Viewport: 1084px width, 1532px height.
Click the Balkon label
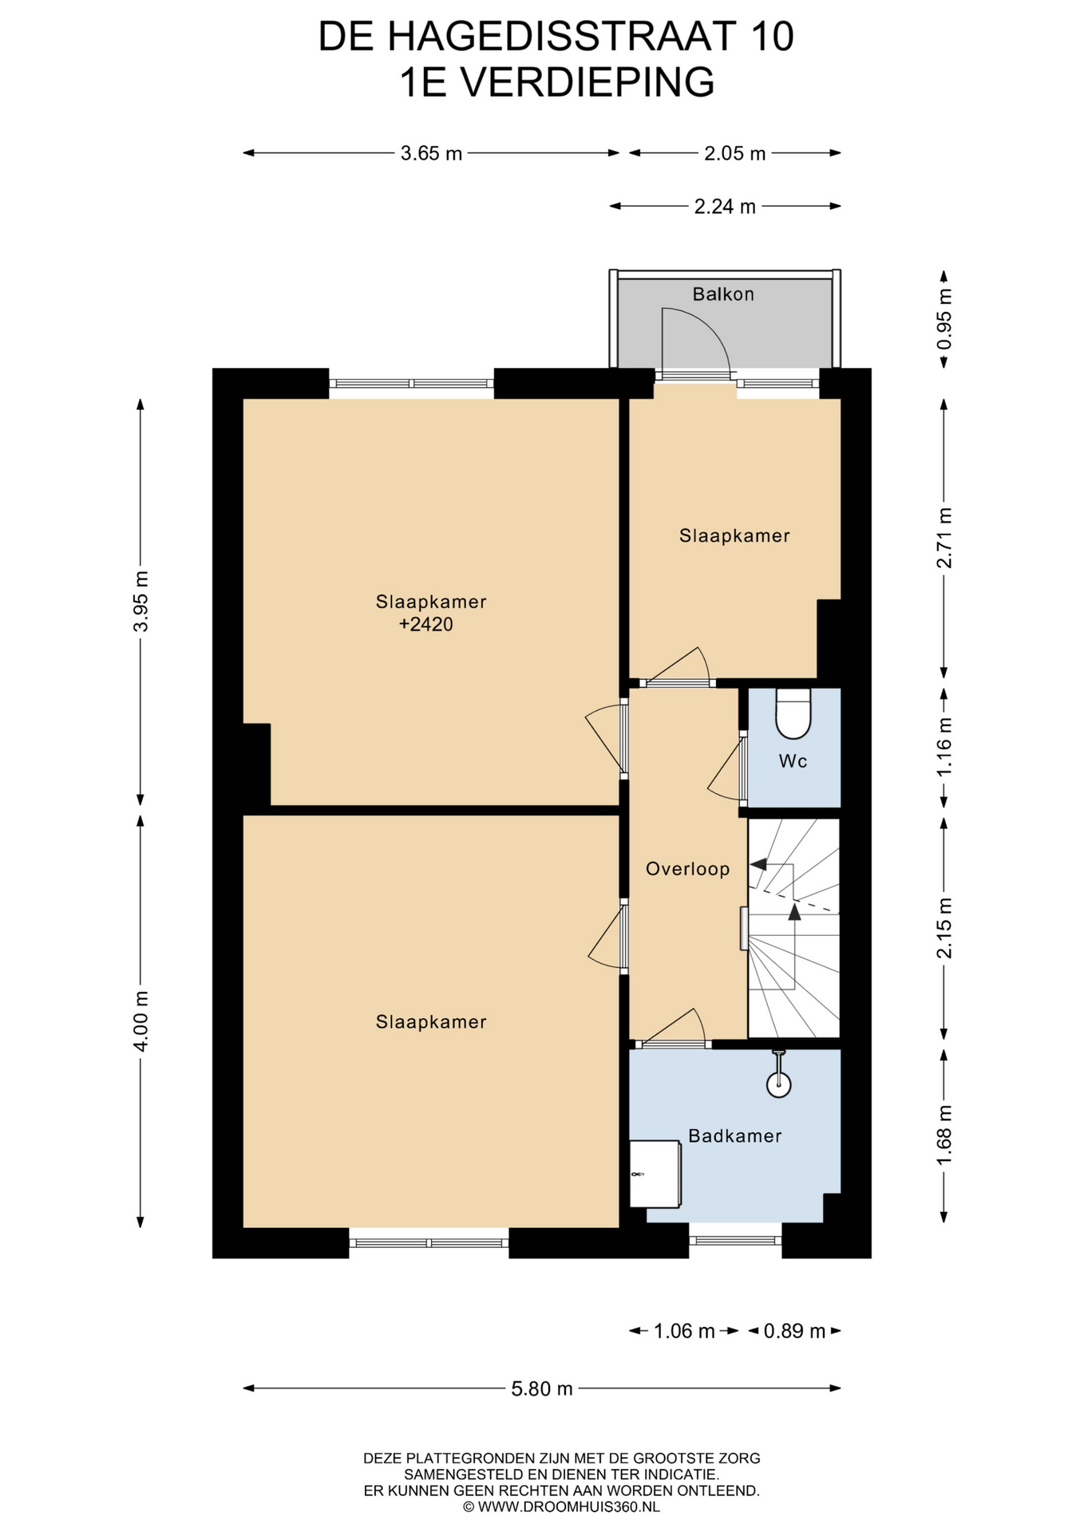click(722, 294)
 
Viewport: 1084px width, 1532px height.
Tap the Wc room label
click(793, 761)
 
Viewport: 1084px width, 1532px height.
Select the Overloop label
click(687, 869)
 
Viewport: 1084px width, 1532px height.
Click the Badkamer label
click(734, 1135)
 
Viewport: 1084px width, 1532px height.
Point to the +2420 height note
click(426, 624)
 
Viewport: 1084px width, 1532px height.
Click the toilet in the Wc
click(793, 713)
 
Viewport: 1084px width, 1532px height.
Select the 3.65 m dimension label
click(431, 153)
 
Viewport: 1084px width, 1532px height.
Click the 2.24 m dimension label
click(725, 207)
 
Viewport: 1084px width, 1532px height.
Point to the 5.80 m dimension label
click(542, 1388)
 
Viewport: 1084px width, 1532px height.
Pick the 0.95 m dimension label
click(944, 319)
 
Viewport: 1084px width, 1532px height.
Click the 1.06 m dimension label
click(684, 1331)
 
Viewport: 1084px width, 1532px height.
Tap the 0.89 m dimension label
click(794, 1331)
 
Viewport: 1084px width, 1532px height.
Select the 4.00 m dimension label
click(140, 1021)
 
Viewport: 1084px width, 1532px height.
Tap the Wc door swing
click(724, 767)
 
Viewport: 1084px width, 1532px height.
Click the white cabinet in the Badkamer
click(655, 1173)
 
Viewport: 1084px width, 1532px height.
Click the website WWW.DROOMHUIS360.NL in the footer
click(569, 1506)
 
